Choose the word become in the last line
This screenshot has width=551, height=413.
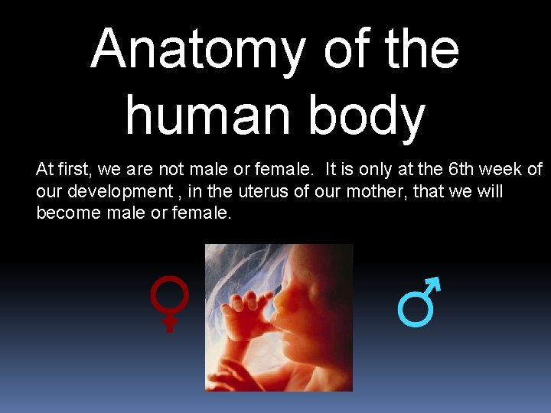(x=69, y=213)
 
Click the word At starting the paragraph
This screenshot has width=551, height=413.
(x=44, y=168)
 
